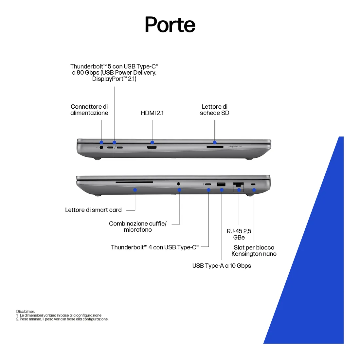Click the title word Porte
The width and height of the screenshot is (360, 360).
coord(170,25)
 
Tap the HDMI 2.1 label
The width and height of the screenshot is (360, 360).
coord(152,113)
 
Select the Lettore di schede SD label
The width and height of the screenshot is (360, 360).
coord(215,110)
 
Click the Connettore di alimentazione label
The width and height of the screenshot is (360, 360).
coord(89,110)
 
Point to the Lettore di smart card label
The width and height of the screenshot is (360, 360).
coord(93,210)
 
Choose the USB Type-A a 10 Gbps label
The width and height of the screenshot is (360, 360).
coord(222,266)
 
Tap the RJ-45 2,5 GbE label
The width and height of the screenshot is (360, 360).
coord(239,234)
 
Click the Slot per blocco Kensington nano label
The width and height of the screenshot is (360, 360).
coord(254,251)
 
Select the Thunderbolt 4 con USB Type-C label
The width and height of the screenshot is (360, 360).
coord(154,247)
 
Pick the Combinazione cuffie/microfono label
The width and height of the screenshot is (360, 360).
coord(138,226)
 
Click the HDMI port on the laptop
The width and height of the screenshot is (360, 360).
coord(152,148)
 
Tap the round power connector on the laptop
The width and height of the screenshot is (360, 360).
coord(101,148)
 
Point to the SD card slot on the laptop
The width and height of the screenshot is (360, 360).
coord(215,147)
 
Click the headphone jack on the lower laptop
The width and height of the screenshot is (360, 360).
coord(178,184)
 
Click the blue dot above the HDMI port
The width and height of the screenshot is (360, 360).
coord(152,142)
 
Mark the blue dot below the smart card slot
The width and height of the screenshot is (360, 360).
coord(135,190)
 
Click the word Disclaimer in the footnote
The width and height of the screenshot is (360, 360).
coord(26,312)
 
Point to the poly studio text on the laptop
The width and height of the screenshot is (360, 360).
coord(235,147)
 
